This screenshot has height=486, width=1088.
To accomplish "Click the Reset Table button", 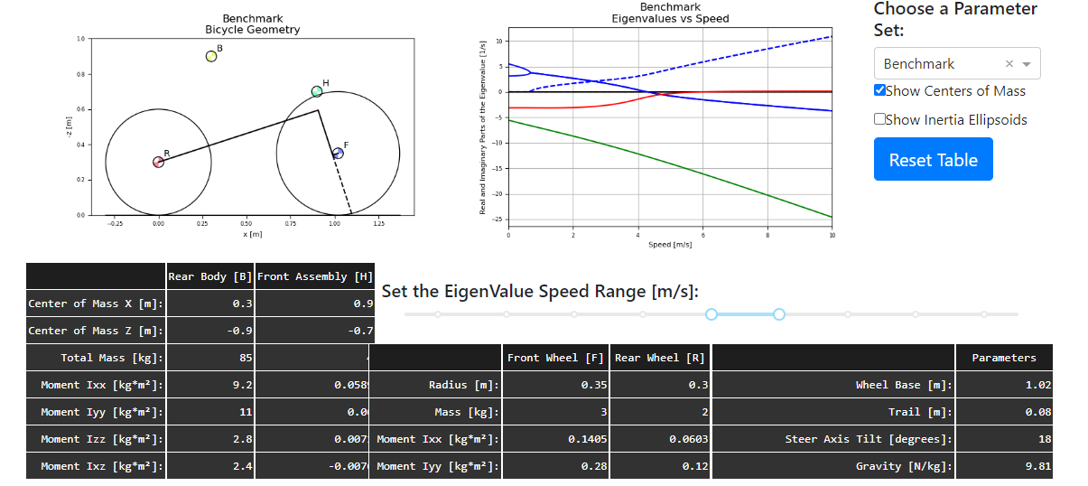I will pyautogui.click(x=933, y=160).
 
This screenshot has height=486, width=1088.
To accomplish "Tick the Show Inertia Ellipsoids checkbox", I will pyautogui.click(x=880, y=119).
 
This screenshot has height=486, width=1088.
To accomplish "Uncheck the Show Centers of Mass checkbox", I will pyautogui.click(x=880, y=90).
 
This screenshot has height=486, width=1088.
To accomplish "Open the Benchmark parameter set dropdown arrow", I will pyautogui.click(x=1026, y=64).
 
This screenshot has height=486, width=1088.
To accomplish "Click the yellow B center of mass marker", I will pyautogui.click(x=211, y=56).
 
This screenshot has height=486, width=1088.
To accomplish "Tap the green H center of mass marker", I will pyautogui.click(x=317, y=91).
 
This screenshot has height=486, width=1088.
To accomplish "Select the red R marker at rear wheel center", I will pyautogui.click(x=158, y=162).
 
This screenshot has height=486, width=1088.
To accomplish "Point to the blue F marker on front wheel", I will pyautogui.click(x=338, y=154).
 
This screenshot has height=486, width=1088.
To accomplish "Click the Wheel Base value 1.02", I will pyautogui.click(x=1004, y=385).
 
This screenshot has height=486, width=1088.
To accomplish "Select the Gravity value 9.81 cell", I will pyautogui.click(x=1004, y=466).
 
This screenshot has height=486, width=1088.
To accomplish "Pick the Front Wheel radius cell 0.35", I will pyautogui.click(x=555, y=385).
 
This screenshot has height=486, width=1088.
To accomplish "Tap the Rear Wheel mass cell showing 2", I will pyautogui.click(x=660, y=412).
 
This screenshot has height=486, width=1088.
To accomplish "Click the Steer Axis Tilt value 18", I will pyautogui.click(x=1004, y=439).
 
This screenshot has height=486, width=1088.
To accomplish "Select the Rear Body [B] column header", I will pyautogui.click(x=209, y=276).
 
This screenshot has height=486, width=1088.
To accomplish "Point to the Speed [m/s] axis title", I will pyautogui.click(x=670, y=245).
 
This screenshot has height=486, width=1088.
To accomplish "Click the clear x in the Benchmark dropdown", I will pyautogui.click(x=1009, y=64).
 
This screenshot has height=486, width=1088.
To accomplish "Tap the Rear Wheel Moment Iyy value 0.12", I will pyautogui.click(x=660, y=466).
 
